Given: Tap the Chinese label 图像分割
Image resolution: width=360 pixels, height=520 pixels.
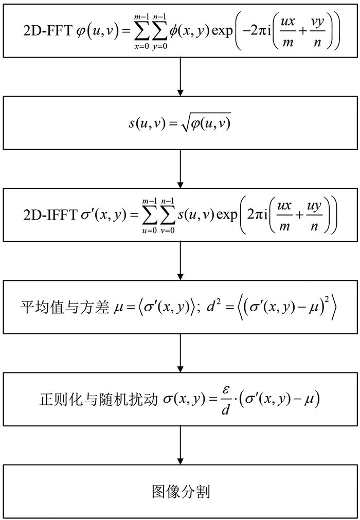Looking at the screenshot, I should pyautogui.click(x=180, y=491).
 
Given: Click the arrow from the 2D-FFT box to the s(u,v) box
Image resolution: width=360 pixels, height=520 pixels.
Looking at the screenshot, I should pyautogui.click(x=180, y=76).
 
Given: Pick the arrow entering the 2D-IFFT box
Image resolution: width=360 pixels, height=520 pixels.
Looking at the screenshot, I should pyautogui.click(x=180, y=170).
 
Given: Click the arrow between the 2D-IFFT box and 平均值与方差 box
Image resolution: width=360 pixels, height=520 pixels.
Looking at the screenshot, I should pyautogui.click(x=180, y=261).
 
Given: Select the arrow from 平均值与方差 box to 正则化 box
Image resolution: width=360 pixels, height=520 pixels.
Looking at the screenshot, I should pyautogui.click(x=180, y=354).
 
